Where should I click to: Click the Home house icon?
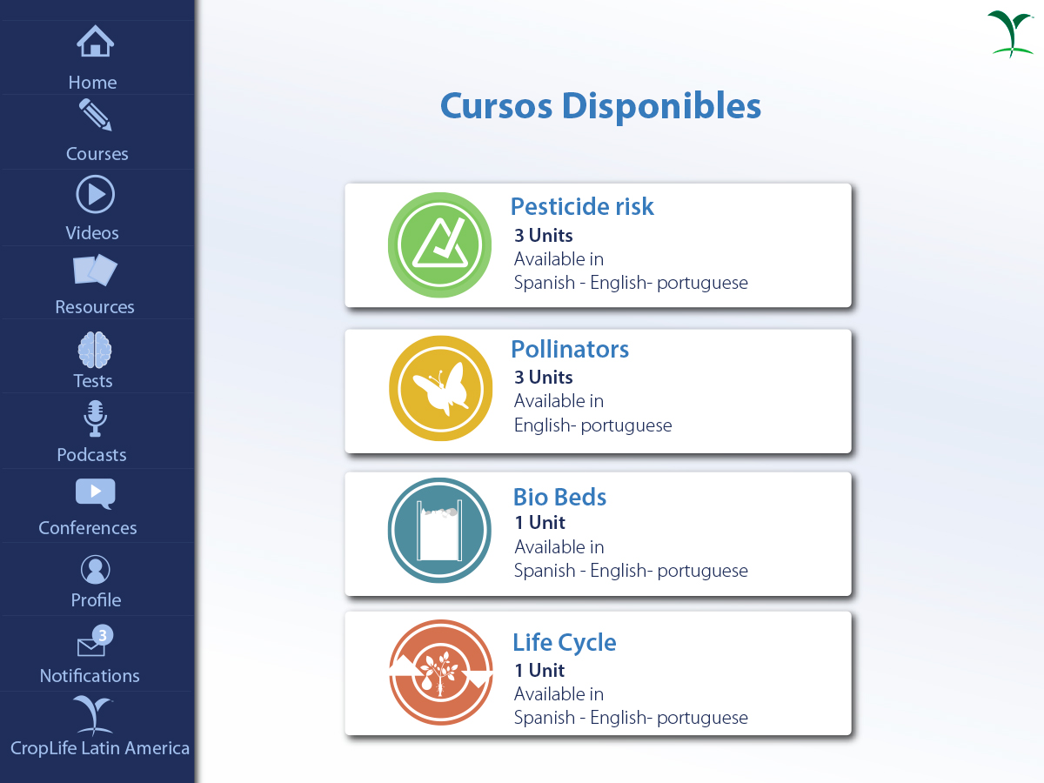(95, 41)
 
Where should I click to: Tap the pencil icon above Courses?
(96, 115)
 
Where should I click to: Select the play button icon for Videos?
(95, 194)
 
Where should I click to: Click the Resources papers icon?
(95, 270)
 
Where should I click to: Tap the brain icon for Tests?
(95, 350)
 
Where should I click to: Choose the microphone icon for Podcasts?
(95, 418)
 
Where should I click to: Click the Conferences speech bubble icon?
(95, 493)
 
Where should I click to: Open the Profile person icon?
(95, 569)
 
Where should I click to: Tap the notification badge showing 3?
(103, 635)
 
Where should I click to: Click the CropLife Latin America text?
(100, 748)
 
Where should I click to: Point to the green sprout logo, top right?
(1011, 34)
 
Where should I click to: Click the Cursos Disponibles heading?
(600, 105)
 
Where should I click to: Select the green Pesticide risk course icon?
(440, 244)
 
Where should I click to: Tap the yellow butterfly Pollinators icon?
(440, 388)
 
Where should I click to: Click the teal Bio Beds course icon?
(440, 530)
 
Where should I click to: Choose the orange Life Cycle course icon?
(440, 673)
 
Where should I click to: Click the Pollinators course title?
(570, 349)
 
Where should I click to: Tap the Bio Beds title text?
(559, 497)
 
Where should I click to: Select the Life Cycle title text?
(565, 643)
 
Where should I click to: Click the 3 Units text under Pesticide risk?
(543, 235)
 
